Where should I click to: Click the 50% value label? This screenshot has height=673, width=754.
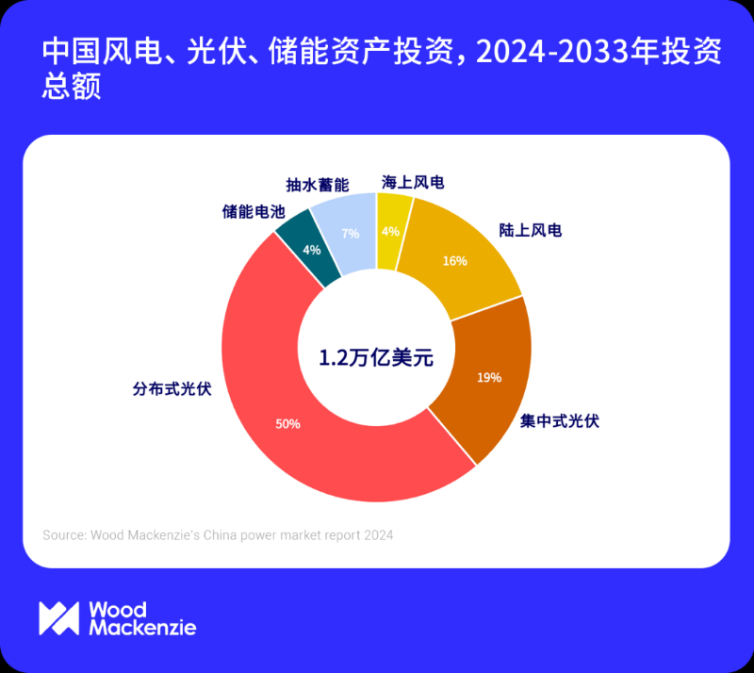click(x=287, y=424)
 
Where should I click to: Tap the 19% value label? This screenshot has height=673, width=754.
click(x=489, y=378)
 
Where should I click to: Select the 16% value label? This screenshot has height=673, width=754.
click(x=454, y=261)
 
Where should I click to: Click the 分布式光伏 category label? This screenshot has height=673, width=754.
click(x=171, y=387)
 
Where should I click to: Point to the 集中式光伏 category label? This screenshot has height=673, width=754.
click(x=559, y=420)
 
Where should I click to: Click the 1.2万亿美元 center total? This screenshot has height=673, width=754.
click(x=375, y=357)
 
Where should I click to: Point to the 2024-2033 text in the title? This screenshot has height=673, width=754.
click(x=536, y=54)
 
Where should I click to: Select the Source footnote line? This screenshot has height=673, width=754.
click(x=218, y=534)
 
